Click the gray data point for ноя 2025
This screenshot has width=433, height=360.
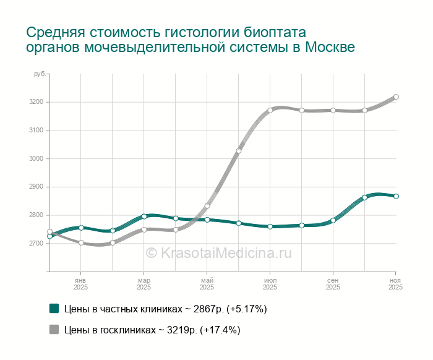pos(396,96)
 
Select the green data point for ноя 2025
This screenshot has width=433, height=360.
pos(396,197)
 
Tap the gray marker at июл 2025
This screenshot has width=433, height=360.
pos(270,110)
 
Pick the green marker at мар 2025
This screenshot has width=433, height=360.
pos(144,216)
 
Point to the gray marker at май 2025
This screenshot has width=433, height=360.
pos(207,206)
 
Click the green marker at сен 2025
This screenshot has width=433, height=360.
pos(333,220)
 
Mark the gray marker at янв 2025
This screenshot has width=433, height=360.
pos(81,242)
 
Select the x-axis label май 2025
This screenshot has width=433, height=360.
pos(207,285)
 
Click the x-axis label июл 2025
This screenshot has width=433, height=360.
pos(270,285)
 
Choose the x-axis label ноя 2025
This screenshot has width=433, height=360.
pos(396,285)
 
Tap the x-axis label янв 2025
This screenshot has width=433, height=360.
pos(81,285)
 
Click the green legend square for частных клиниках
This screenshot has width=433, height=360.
pos(54,308)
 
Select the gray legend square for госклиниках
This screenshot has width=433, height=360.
pos(54,330)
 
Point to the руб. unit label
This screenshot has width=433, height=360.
pos(39,74)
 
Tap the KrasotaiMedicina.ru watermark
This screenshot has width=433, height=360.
pos(218,252)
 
